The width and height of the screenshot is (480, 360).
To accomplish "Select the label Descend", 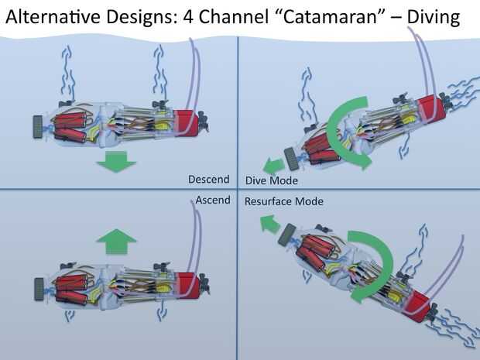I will (x=209, y=180).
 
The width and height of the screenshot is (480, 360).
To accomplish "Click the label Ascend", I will (x=212, y=201).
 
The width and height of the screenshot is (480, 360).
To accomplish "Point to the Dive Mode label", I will (x=271, y=180).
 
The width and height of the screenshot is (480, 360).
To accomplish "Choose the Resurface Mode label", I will (x=283, y=201).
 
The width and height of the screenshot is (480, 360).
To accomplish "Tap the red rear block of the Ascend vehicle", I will (x=185, y=282).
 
